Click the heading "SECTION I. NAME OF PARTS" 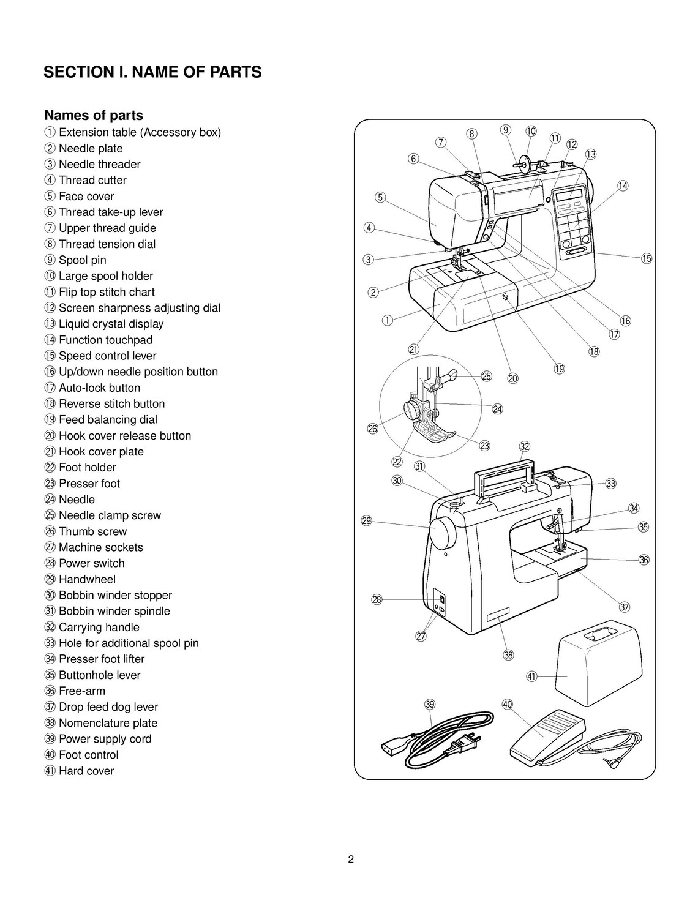[x=152, y=72]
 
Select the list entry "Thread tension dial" [x=107, y=244]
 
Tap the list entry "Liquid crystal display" [x=111, y=324]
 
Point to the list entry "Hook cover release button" [x=124, y=436]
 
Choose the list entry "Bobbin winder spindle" [x=114, y=611]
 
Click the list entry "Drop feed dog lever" [x=108, y=707]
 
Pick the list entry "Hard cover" [x=86, y=771]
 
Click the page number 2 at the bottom [x=351, y=859]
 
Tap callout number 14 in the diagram [x=623, y=186]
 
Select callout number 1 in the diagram [x=387, y=320]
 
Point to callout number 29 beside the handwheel [x=366, y=522]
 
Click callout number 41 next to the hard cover [x=531, y=676]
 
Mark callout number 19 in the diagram [x=560, y=369]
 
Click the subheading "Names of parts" [x=94, y=115]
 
